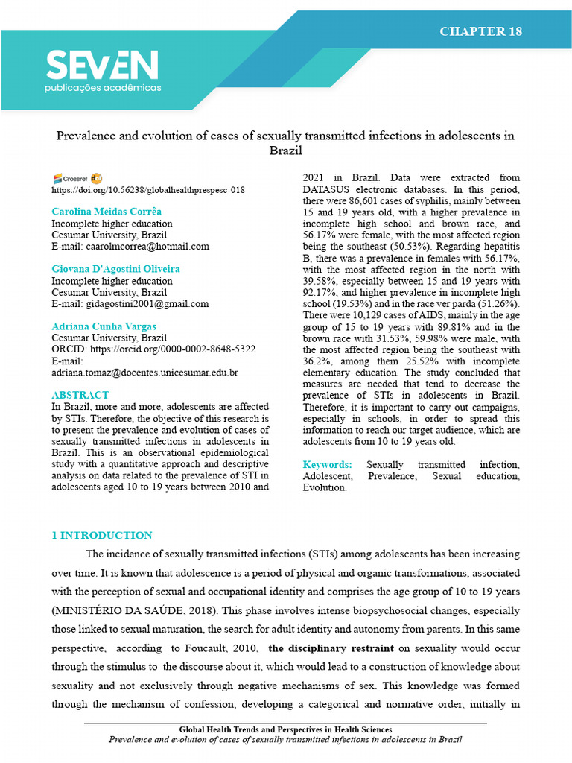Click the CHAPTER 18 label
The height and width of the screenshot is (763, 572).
pos(480,31)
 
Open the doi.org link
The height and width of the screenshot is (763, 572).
pos(147,190)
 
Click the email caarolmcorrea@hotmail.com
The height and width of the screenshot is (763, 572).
pos(130,246)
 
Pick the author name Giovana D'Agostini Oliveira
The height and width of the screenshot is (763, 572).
pos(115,269)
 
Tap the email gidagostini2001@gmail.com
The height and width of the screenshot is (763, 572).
pos(130,303)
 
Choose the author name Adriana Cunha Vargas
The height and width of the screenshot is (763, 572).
pos(104,326)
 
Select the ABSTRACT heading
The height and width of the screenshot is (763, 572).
pos(80,395)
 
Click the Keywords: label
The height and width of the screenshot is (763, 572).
pos(327,465)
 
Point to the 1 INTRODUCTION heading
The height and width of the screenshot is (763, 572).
pos(101,535)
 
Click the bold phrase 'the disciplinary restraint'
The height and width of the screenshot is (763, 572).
pos(325,648)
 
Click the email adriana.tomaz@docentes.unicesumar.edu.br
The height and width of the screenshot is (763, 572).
pos(144,372)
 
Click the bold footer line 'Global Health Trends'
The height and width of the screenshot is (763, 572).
pos(285,729)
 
